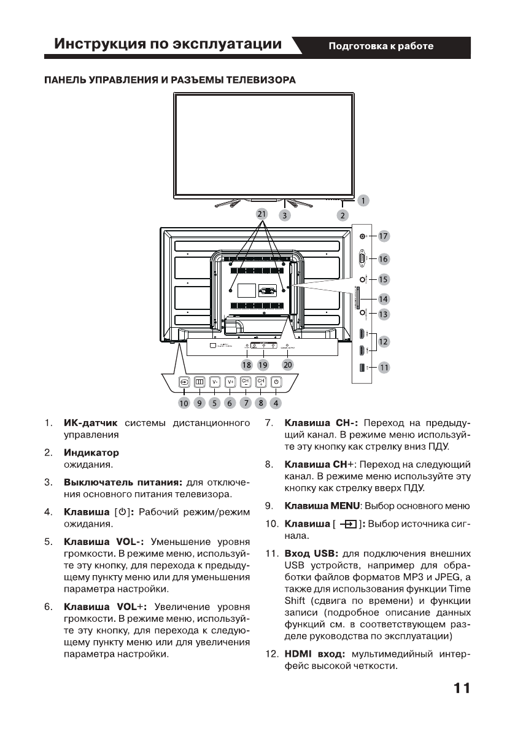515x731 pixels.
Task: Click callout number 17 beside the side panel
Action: [384, 236]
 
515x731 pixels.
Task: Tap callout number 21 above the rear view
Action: [262, 214]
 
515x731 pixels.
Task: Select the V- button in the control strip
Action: [215, 382]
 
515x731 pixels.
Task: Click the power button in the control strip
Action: [276, 382]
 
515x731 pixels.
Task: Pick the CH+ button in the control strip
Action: [261, 382]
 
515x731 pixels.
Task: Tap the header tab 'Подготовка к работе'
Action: [381, 47]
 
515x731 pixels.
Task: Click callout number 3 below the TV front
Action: [285, 215]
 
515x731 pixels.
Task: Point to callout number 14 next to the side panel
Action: [384, 299]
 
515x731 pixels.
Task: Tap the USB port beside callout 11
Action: [362, 368]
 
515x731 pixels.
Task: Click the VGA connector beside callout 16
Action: [362, 258]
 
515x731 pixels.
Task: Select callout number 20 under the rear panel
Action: [288, 365]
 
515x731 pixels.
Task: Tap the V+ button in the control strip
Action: [230, 382]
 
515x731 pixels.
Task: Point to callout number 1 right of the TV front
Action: [363, 200]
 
